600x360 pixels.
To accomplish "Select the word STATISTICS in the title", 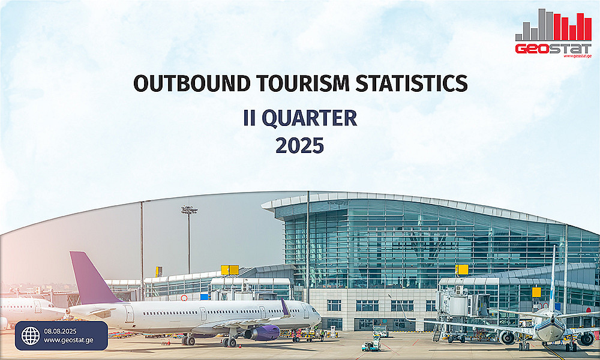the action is [x=412, y=83].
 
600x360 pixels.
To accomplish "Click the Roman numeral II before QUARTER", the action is [x=249, y=118].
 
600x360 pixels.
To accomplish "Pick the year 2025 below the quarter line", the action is [x=299, y=146].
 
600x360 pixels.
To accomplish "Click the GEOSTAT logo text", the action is [x=553, y=49].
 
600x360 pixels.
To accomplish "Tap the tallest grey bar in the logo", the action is [x=542, y=25].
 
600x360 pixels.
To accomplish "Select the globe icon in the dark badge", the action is [x=30, y=335].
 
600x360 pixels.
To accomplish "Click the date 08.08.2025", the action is [x=60, y=331].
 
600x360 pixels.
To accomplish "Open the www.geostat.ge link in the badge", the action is [x=68, y=340].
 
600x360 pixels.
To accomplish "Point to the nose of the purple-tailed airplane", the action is [x=319, y=317].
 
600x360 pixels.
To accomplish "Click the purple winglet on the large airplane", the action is [x=285, y=307].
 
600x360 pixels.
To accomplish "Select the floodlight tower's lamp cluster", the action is [x=189, y=209].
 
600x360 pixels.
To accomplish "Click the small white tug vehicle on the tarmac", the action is [x=371, y=346].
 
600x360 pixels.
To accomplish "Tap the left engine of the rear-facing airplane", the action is [x=508, y=338].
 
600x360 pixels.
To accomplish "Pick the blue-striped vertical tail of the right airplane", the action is [x=553, y=278].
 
